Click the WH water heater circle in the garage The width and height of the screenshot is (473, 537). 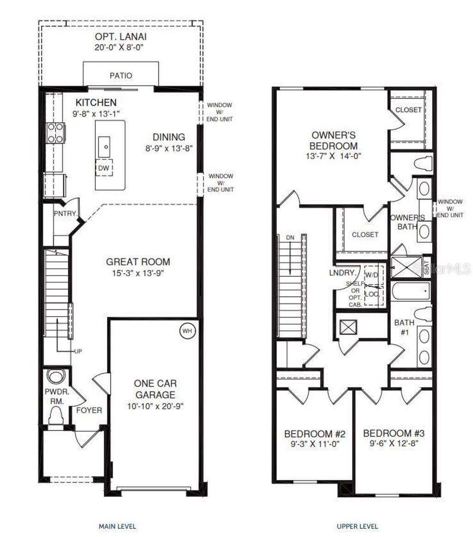187,331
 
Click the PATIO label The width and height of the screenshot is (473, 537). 121,75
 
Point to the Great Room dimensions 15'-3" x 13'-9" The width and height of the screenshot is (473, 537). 138,273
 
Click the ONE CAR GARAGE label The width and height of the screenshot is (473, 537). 155,389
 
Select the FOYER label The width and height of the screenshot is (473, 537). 89,410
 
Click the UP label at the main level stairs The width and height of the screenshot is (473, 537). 78,351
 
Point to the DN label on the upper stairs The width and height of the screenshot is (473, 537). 290,237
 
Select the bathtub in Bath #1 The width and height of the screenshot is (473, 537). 410,292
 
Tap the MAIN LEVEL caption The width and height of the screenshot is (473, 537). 117,526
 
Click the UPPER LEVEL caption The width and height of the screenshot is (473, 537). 357,526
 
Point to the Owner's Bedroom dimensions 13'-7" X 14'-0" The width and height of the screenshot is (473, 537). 333,156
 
